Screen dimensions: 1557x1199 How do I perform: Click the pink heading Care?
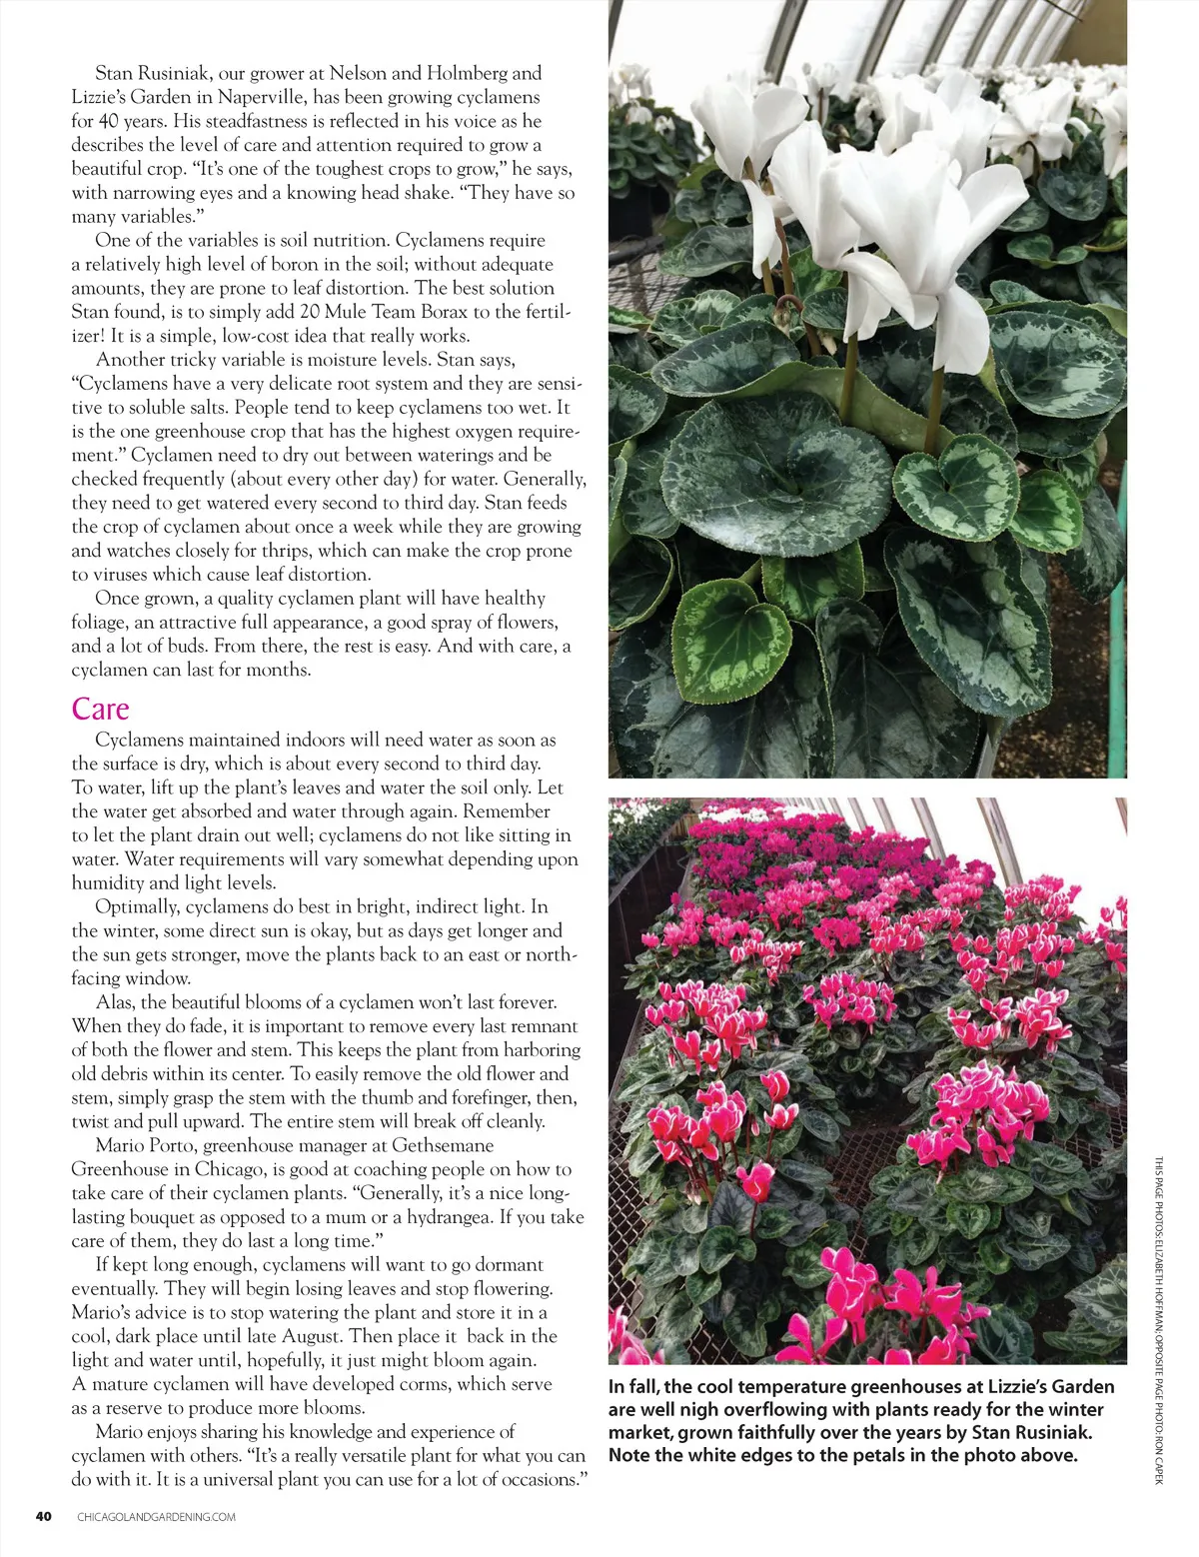click(x=100, y=709)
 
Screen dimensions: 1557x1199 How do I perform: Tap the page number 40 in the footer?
click(x=43, y=1517)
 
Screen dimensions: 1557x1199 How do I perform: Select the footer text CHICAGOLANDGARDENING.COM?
click(x=156, y=1517)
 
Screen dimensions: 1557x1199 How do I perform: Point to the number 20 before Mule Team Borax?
click(x=309, y=312)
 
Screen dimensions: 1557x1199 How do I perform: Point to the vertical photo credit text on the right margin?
click(x=1158, y=1319)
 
